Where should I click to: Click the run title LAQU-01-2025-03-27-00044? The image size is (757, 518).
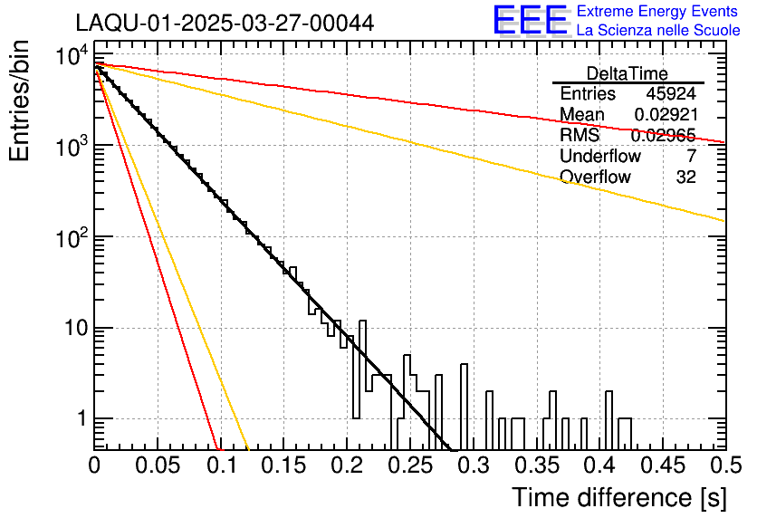(224, 24)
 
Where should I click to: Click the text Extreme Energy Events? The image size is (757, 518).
(656, 11)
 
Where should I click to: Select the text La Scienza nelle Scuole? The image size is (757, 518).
(658, 30)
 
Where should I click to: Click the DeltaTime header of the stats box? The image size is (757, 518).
(628, 73)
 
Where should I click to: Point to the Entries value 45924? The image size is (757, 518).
(671, 94)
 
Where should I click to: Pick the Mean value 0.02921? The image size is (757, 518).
(665, 115)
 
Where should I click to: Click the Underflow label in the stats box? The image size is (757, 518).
(600, 157)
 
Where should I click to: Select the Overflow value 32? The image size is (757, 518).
(685, 177)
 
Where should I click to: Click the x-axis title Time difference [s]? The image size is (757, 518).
(618, 497)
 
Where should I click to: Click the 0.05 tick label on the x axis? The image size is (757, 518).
(157, 466)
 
